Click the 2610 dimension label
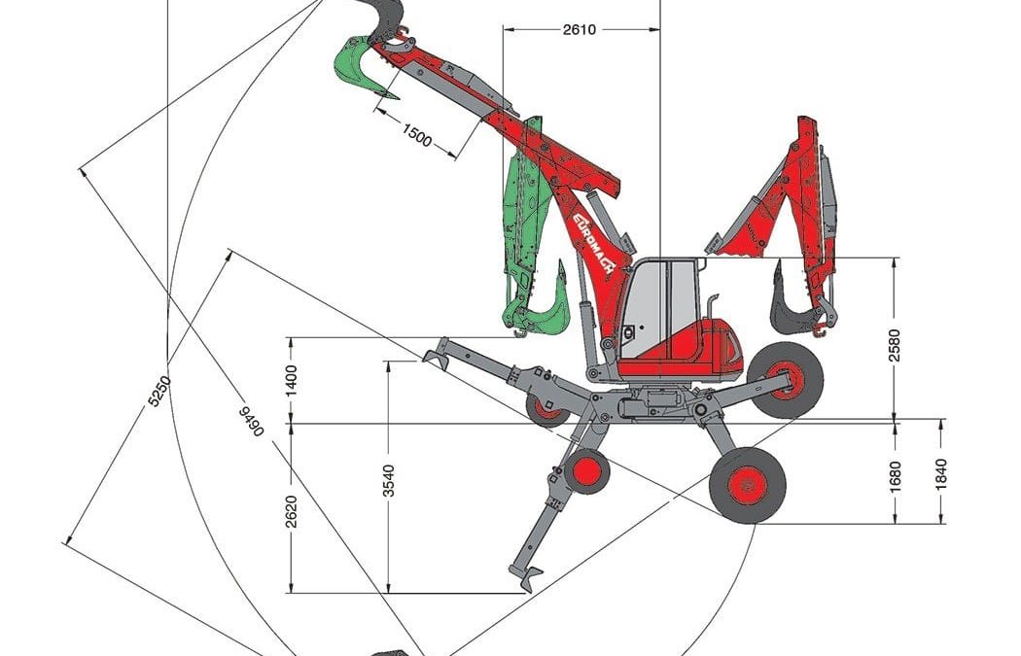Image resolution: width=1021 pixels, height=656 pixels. tap(579, 30)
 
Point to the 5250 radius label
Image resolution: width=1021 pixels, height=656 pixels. tap(158, 391)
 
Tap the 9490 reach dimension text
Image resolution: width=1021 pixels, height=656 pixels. tap(251, 421)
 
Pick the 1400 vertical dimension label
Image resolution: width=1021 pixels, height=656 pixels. tap(291, 381)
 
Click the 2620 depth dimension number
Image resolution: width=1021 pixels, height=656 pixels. tap(291, 511)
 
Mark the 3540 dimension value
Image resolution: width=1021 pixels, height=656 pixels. tap(389, 480)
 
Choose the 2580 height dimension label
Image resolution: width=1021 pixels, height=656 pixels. tap(895, 345)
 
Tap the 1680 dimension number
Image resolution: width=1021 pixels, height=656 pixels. tap(895, 476)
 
